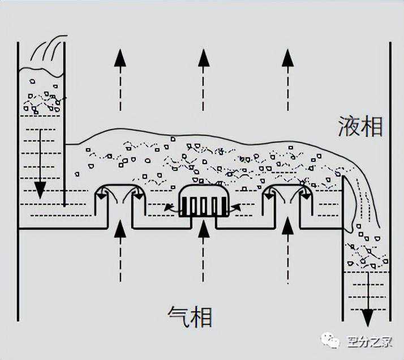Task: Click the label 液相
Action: [x=361, y=126]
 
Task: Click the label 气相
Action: [x=190, y=316]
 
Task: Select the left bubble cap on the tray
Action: [x=119, y=195]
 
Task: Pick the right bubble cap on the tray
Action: [x=288, y=195]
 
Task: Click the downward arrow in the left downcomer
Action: [x=40, y=164]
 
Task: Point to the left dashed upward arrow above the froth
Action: [x=119, y=79]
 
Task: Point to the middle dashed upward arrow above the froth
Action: [x=204, y=79]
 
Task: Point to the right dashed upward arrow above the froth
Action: [x=288, y=79]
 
